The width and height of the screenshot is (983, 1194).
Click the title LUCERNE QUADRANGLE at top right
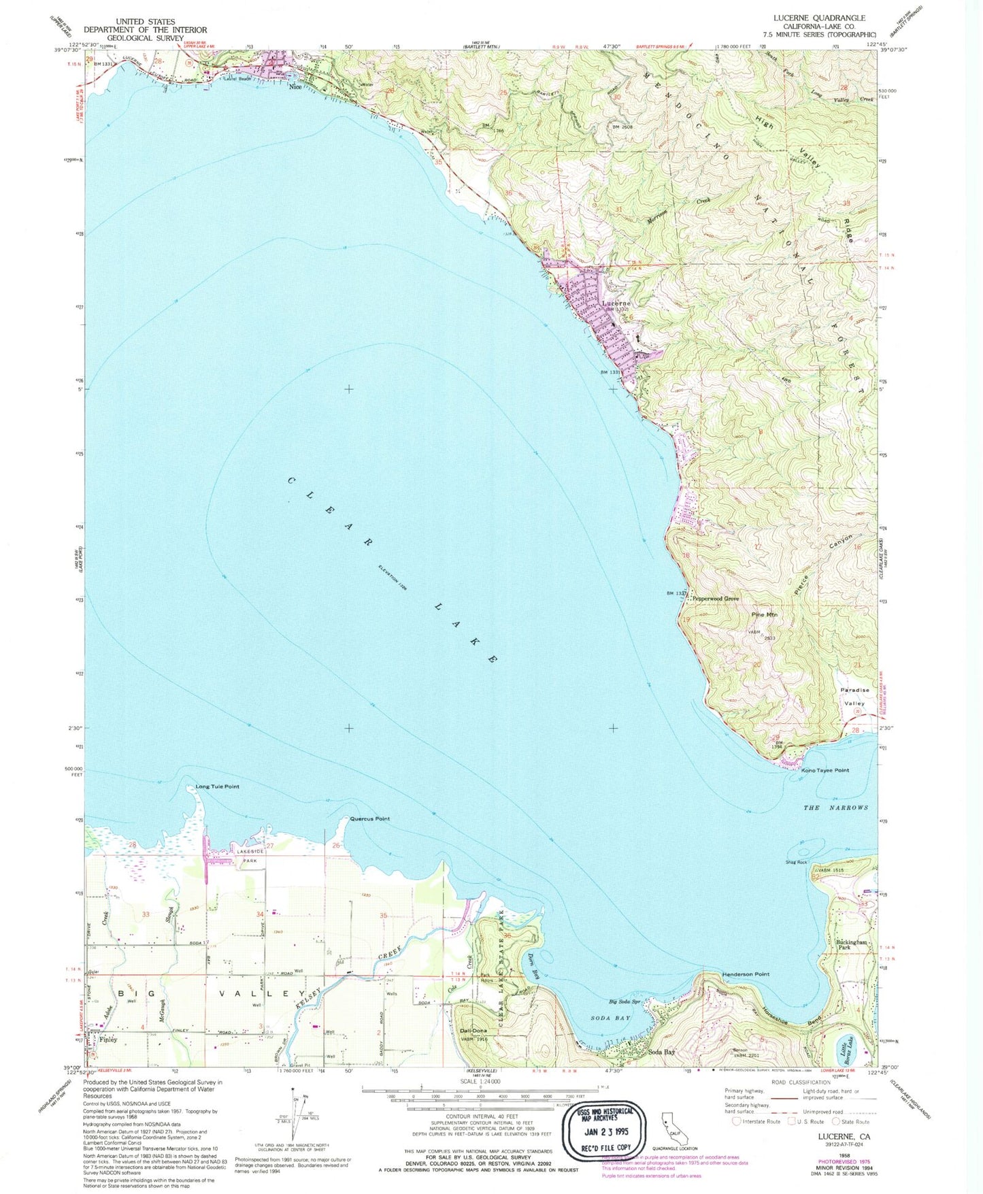827,18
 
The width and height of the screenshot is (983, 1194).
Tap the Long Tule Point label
217,786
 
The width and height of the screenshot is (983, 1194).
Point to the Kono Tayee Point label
825,770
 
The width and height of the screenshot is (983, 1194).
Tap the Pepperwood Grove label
715,599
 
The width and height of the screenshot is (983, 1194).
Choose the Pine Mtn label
764,614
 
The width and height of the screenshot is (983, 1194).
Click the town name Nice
295,86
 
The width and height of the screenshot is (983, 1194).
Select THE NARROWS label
836,808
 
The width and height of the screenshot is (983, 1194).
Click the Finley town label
108,1040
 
